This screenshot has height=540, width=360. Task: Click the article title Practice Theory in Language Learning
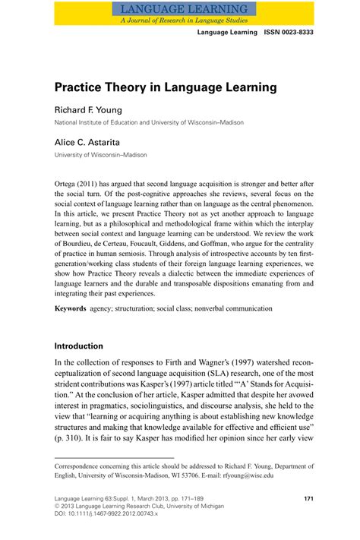click(166, 87)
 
